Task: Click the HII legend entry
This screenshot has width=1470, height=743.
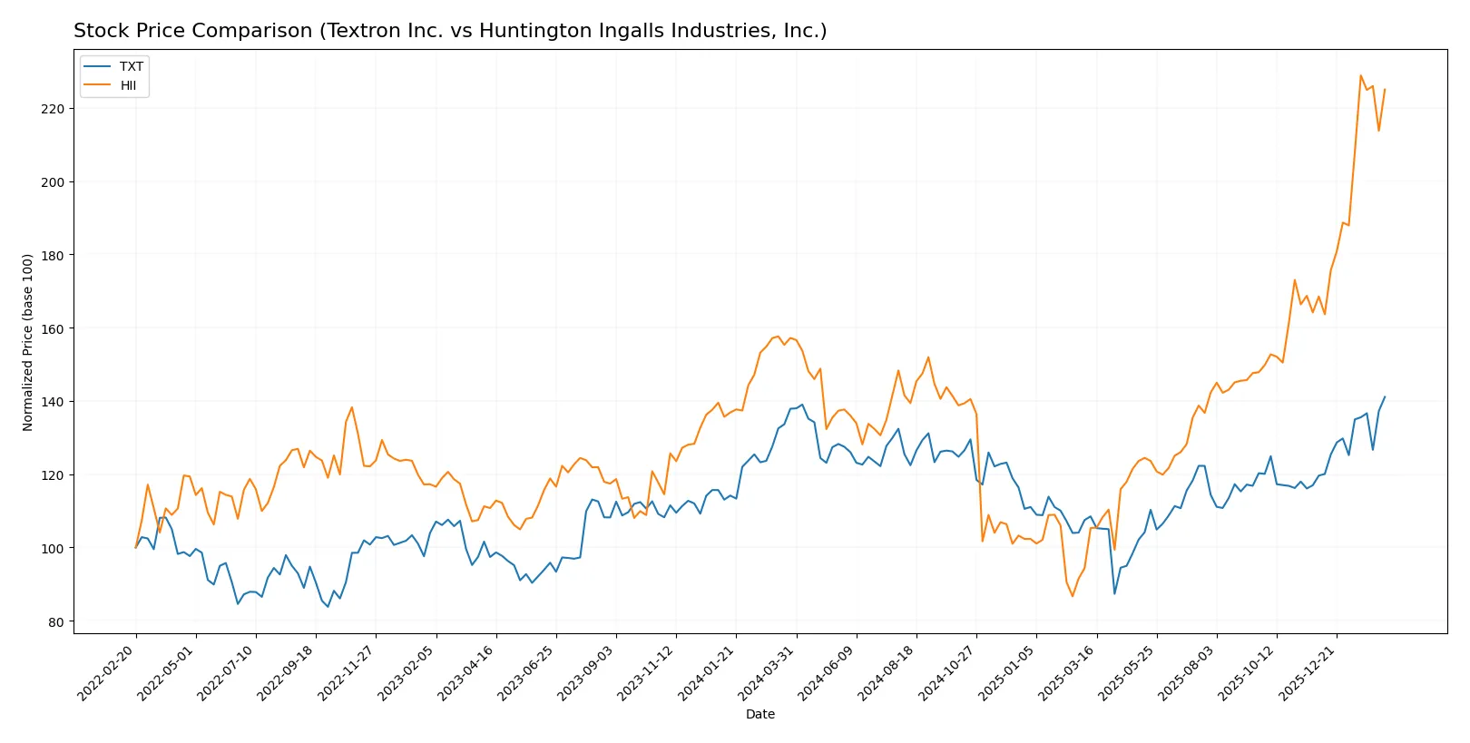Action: pyautogui.click(x=128, y=85)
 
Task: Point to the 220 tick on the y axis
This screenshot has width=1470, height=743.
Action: pyautogui.click(x=53, y=109)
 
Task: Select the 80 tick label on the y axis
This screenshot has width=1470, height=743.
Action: pyautogui.click(x=56, y=622)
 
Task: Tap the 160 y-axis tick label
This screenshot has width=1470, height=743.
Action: pyautogui.click(x=53, y=328)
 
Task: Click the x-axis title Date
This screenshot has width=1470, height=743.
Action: pyautogui.click(x=759, y=714)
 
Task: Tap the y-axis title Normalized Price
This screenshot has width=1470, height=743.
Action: pyautogui.click(x=28, y=342)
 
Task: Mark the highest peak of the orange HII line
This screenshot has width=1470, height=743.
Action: pyautogui.click(x=1360, y=75)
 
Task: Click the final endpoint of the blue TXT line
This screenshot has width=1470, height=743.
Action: pyautogui.click(x=1385, y=396)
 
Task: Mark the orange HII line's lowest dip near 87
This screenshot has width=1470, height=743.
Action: pyautogui.click(x=1072, y=596)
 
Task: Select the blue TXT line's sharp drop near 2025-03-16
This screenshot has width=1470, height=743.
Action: pyautogui.click(x=1114, y=593)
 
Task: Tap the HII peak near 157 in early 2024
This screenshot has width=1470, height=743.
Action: pyautogui.click(x=778, y=337)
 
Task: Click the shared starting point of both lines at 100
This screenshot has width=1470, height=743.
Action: pyautogui.click(x=136, y=547)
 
